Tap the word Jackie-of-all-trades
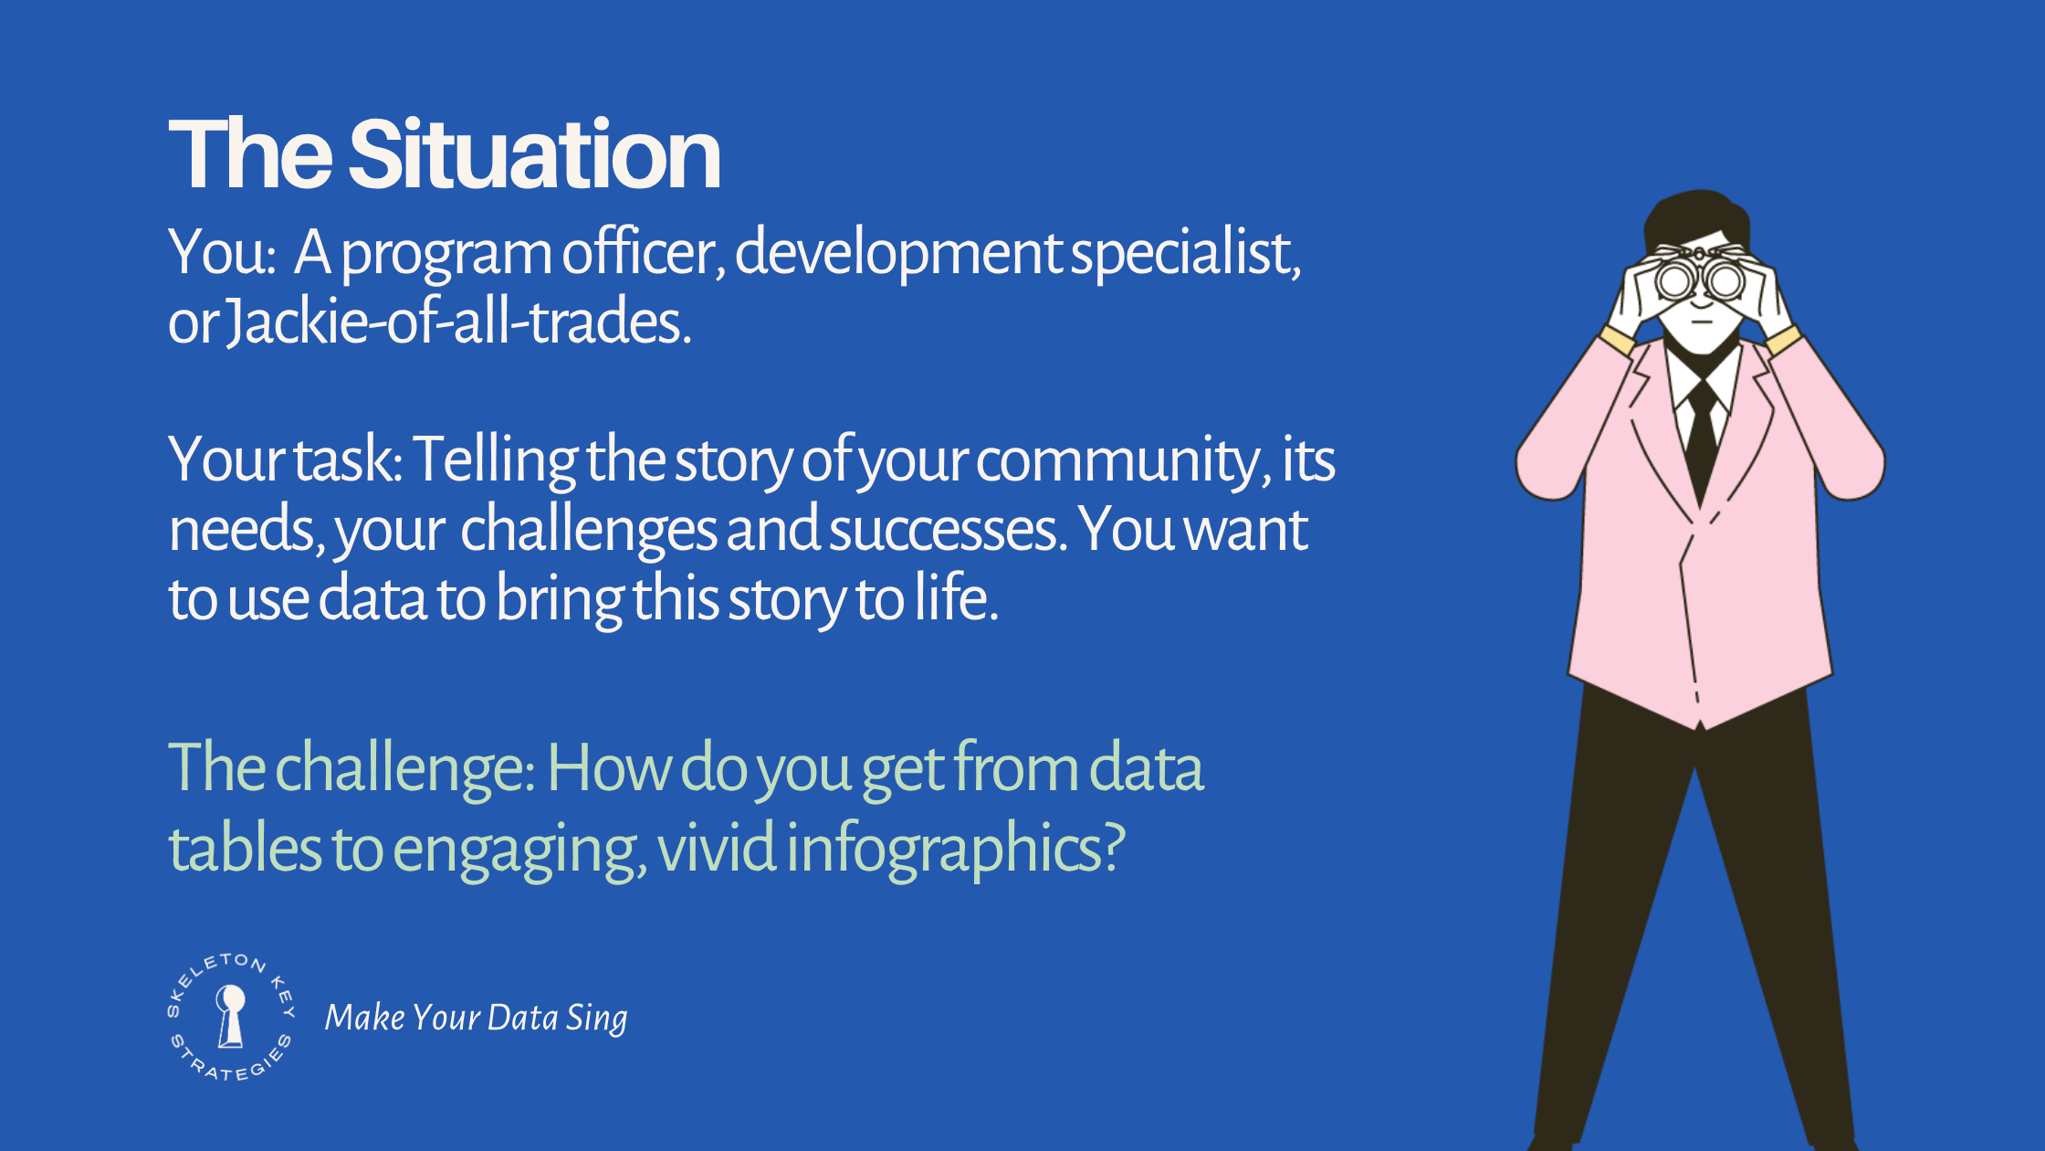[456, 322]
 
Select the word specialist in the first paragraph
[1184, 253]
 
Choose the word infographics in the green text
[954, 849]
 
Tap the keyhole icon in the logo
[231, 1015]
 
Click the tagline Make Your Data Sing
[476, 1018]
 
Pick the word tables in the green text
[245, 849]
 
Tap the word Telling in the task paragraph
[494, 459]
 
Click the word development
[897, 253]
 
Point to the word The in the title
[249, 155]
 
